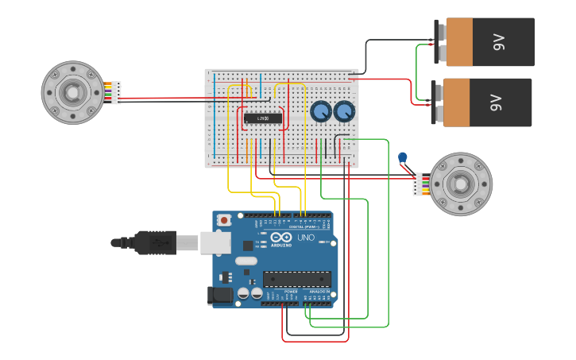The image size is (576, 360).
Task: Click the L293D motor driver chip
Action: tap(262, 118)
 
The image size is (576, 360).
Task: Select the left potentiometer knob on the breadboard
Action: tap(321, 112)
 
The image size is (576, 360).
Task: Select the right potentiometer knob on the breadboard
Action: tap(344, 112)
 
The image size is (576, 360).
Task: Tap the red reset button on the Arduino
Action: tap(224, 219)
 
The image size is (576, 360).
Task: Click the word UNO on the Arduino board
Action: tap(306, 238)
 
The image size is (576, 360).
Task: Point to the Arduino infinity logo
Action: tap(281, 237)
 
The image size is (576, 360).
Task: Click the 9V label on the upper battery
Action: tap(499, 41)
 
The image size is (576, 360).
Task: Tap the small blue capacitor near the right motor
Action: tap(402, 157)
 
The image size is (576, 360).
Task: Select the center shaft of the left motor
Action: tap(72, 92)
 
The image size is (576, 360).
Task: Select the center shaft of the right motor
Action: tap(462, 184)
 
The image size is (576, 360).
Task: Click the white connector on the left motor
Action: tap(116, 92)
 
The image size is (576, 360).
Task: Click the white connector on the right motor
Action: tap(418, 184)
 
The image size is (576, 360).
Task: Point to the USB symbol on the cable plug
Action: tap(157, 242)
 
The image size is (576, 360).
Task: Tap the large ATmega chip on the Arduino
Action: tap(297, 279)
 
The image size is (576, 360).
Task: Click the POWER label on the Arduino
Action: tap(291, 292)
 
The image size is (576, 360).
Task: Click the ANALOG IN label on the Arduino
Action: tap(320, 292)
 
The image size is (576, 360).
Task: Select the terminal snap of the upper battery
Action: tap(439, 42)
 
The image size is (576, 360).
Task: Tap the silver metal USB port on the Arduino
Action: tap(215, 242)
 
